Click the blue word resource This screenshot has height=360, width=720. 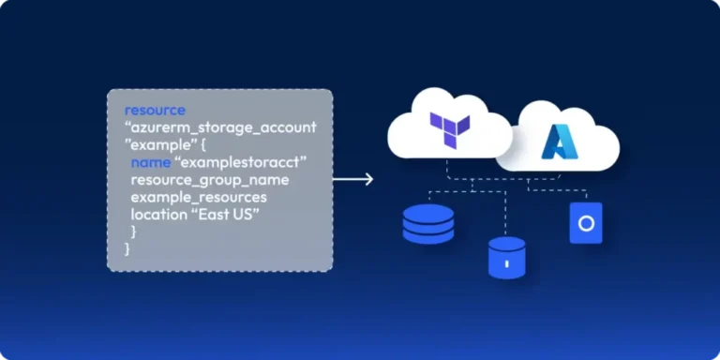(x=155, y=110)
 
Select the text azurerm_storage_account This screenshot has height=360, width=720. (x=224, y=127)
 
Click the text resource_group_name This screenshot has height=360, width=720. (x=209, y=180)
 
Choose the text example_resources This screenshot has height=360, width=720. (x=198, y=198)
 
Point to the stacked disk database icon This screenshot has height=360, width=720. (x=427, y=224)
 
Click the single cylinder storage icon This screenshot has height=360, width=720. (x=506, y=257)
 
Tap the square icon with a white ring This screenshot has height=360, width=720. (x=586, y=223)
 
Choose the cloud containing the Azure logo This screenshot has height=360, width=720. (x=562, y=141)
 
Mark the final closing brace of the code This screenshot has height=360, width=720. (x=127, y=250)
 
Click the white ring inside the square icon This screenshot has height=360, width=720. (x=586, y=223)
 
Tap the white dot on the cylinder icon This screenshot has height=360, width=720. (x=506, y=263)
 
